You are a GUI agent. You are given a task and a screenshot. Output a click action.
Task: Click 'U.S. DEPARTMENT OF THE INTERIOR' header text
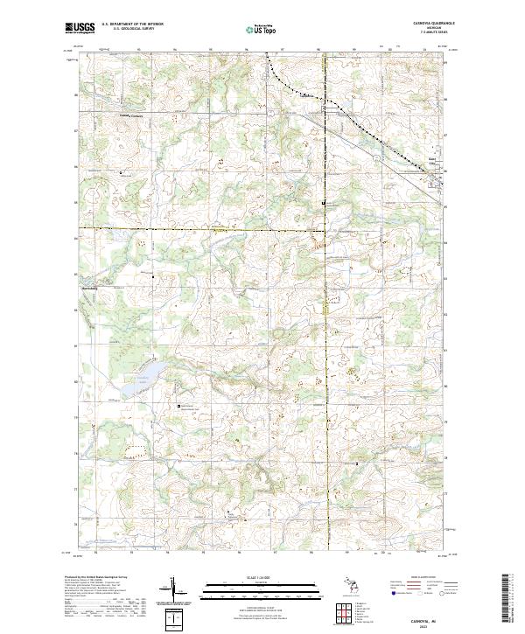pos(132,24)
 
